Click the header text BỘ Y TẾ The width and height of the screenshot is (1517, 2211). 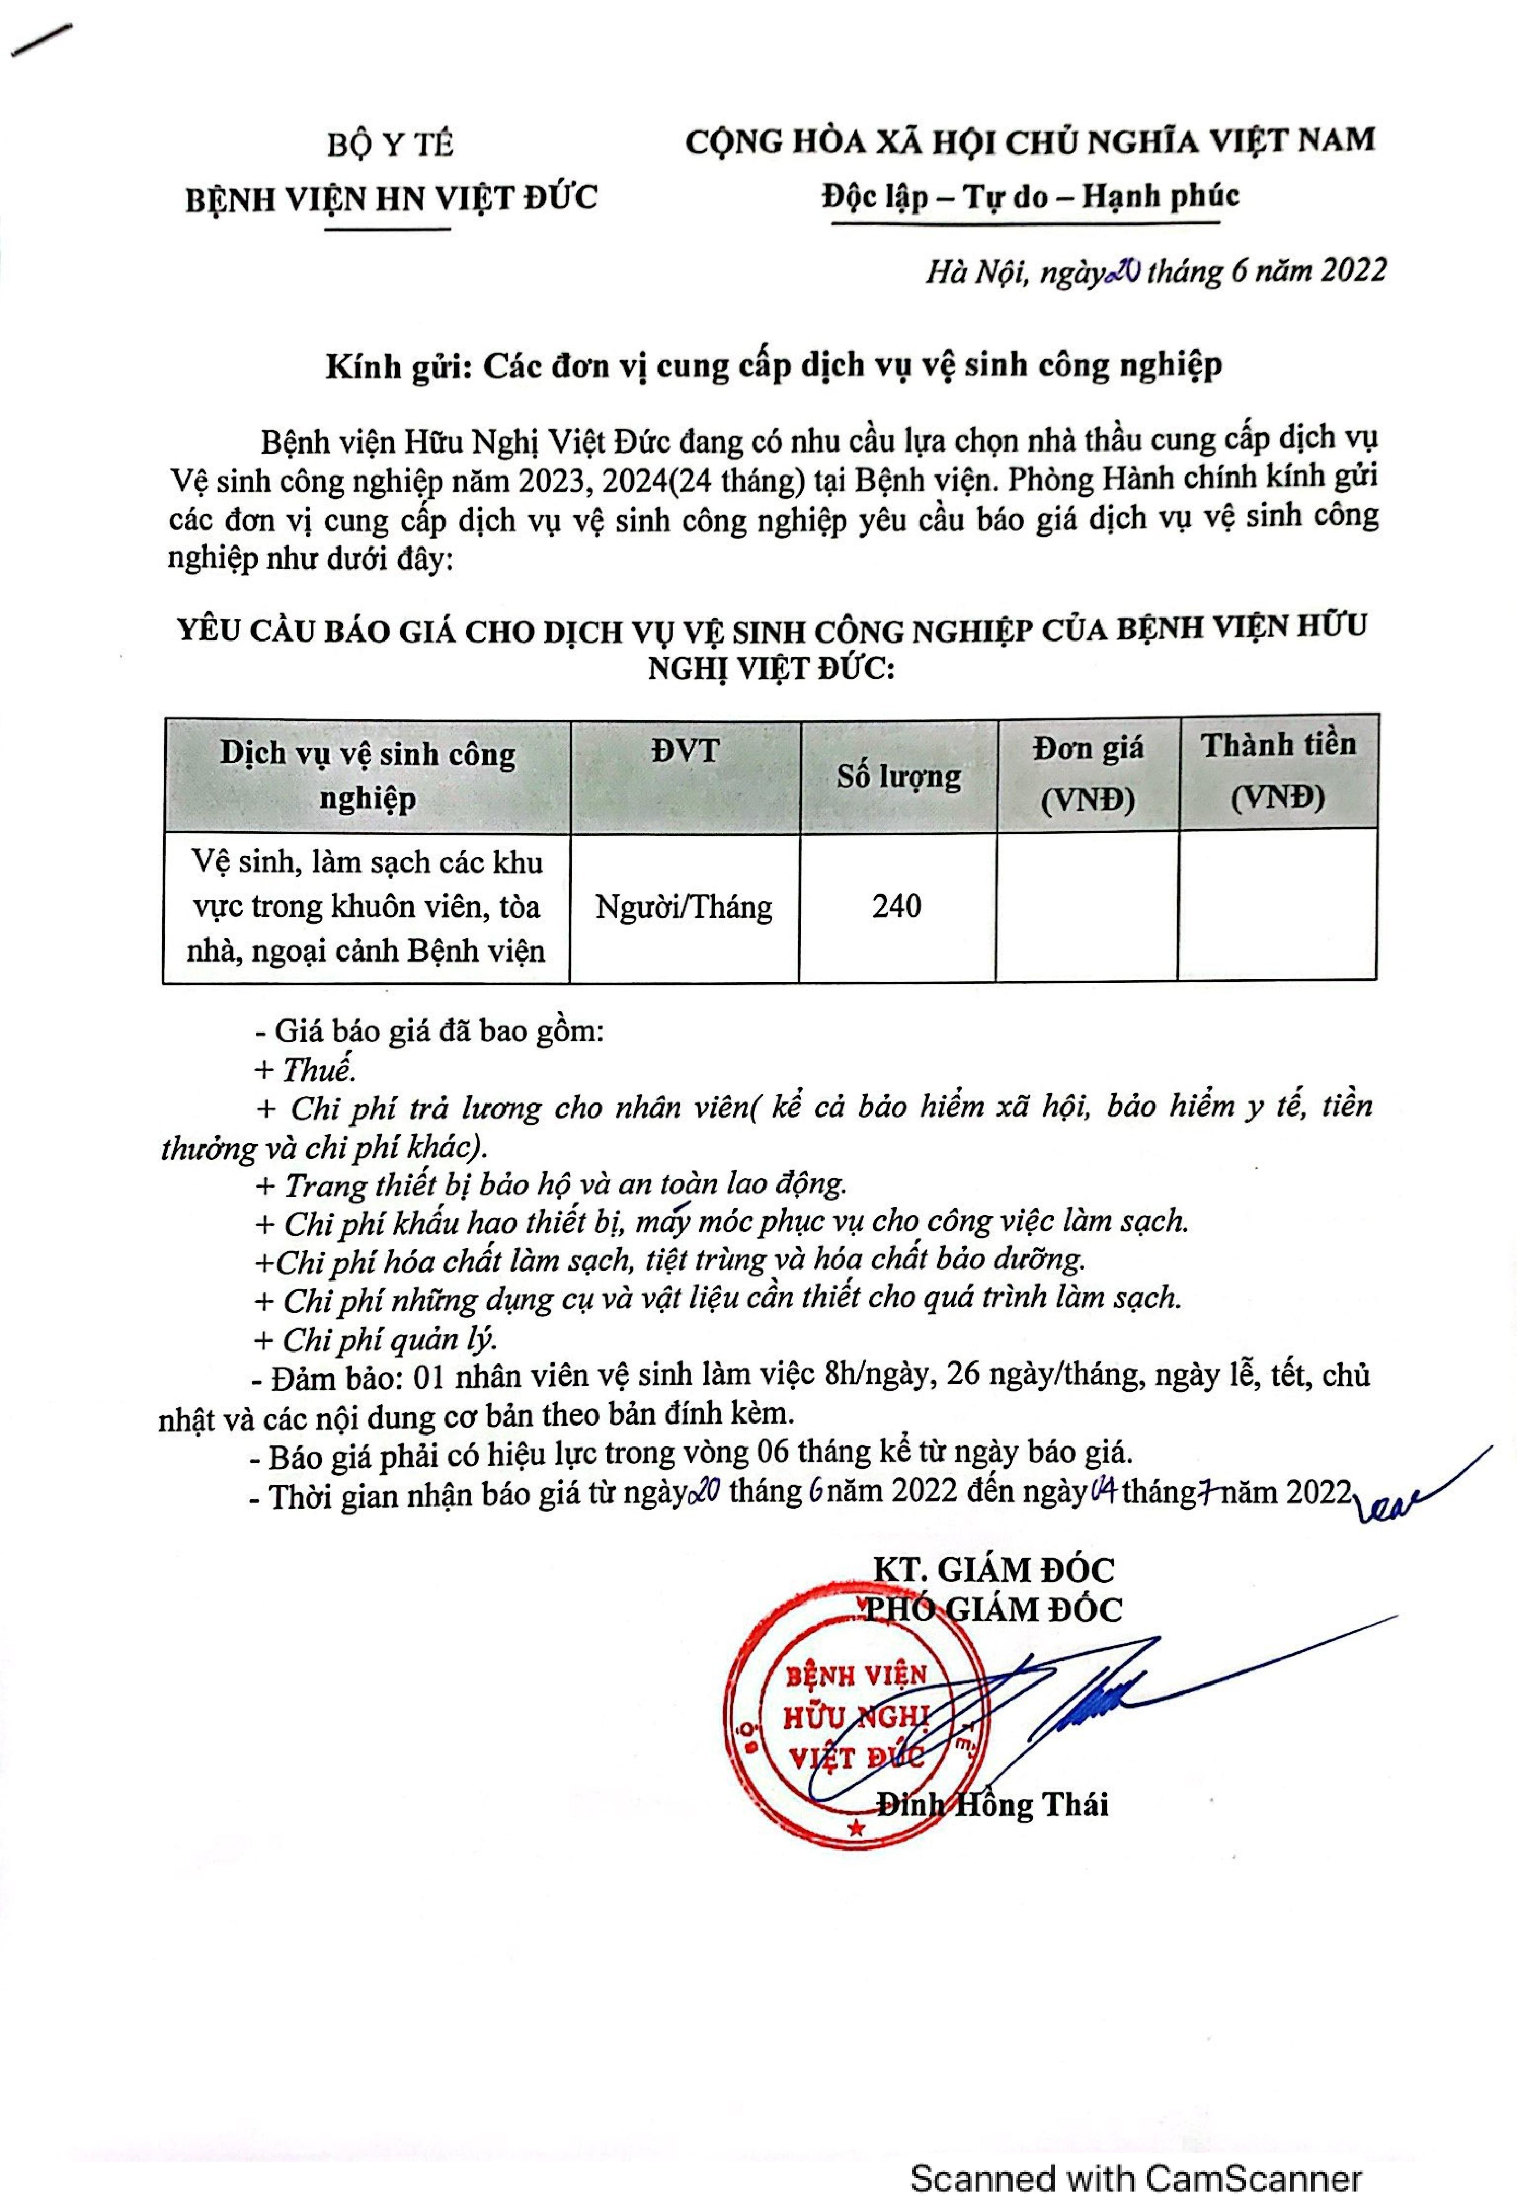click(x=390, y=145)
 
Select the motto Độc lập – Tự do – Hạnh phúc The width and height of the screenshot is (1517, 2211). click(x=1030, y=196)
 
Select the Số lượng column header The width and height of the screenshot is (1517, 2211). click(x=898, y=777)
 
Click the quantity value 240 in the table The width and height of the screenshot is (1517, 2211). click(x=897, y=907)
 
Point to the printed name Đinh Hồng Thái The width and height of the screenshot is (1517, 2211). click(x=992, y=1806)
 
